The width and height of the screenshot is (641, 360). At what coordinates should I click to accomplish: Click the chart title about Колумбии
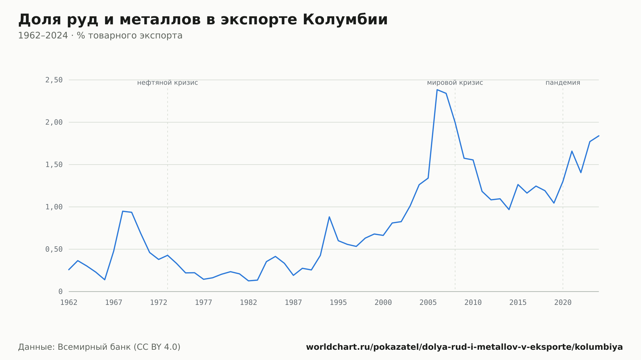click(203, 20)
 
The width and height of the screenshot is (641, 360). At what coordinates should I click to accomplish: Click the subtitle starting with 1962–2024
click(100, 36)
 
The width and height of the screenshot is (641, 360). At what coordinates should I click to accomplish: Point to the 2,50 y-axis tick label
click(54, 80)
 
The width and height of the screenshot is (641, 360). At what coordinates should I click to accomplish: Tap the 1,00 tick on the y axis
click(54, 207)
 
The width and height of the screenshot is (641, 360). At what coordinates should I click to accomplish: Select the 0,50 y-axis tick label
click(54, 249)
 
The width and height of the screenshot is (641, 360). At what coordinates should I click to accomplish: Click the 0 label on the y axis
click(61, 291)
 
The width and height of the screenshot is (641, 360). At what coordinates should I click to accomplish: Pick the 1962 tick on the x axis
click(69, 303)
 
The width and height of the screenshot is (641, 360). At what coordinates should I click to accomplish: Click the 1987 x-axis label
click(294, 303)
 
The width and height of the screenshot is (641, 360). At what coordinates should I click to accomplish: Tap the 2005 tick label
click(428, 303)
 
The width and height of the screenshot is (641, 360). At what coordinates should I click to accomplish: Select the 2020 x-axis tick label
click(563, 303)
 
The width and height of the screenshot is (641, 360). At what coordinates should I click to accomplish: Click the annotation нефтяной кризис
click(168, 83)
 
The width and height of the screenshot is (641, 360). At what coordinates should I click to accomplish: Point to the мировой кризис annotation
click(455, 83)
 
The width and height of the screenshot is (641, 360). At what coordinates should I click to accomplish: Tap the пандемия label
click(563, 83)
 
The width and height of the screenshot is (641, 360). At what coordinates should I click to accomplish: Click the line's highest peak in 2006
click(437, 90)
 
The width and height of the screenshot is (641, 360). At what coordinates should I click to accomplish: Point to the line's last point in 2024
click(599, 136)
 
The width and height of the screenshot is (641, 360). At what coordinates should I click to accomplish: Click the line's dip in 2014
click(509, 209)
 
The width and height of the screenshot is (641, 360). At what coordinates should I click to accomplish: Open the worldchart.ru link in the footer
click(464, 347)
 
